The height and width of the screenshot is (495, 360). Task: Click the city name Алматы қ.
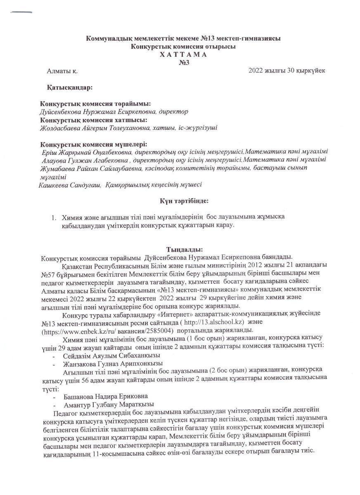click(62, 71)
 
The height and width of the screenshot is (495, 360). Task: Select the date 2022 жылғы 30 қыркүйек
click(287, 70)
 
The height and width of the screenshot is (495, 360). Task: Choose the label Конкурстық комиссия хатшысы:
click(94, 120)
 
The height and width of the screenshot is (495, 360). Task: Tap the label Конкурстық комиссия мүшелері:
click(93, 144)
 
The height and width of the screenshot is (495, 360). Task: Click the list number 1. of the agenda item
click(53, 217)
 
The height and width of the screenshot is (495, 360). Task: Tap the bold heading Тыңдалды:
click(184, 250)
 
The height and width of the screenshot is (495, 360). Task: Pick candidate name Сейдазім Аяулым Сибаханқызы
click(111, 355)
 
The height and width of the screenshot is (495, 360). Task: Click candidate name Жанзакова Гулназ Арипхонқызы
click(113, 363)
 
